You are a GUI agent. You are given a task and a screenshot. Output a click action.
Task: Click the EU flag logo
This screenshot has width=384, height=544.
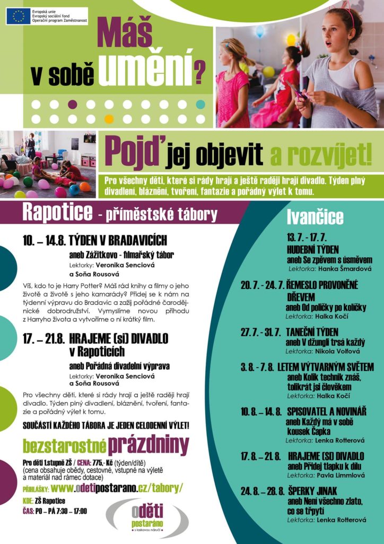point(19,16)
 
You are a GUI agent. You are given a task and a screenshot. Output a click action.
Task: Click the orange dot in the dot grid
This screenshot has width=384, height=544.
point(109,118)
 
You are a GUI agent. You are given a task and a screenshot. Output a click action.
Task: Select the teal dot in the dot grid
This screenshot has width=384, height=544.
point(200,104)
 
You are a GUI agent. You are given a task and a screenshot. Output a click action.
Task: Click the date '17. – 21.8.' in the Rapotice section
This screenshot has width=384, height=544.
point(43,338)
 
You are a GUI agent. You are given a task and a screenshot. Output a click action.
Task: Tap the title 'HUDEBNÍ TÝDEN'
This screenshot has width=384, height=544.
point(313,250)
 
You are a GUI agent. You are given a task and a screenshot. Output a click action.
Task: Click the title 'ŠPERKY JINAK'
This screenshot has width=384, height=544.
point(312,491)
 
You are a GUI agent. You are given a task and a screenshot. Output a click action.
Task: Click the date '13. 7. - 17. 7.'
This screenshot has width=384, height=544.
point(307,237)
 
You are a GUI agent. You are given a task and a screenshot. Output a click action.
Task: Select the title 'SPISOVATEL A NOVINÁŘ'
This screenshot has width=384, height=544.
point(334,412)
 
